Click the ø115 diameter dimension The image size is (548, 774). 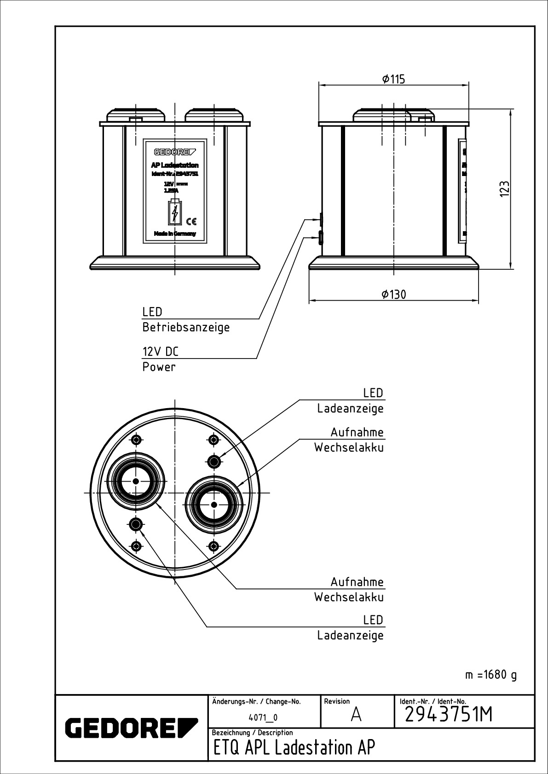pyautogui.click(x=393, y=79)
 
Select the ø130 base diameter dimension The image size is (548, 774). pyautogui.click(x=394, y=294)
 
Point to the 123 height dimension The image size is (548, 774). pyautogui.click(x=505, y=189)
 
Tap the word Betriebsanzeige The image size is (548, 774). pyautogui.click(x=186, y=327)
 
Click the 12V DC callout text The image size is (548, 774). pyautogui.click(x=160, y=352)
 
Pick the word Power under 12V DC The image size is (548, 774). pyautogui.click(x=159, y=367)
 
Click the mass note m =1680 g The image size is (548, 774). pyautogui.click(x=490, y=675)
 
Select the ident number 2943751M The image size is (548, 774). pyautogui.click(x=448, y=714)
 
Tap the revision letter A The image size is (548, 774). pyautogui.click(x=356, y=715)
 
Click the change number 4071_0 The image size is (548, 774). pyautogui.click(x=263, y=717)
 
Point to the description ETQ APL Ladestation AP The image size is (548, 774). pyautogui.click(x=294, y=748)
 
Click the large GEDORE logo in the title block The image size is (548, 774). pyautogui.click(x=131, y=727)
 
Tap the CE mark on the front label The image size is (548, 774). pyautogui.click(x=192, y=222)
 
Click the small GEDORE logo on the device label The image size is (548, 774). pyautogui.click(x=175, y=152)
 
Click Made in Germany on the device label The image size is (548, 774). pyautogui.click(x=175, y=233)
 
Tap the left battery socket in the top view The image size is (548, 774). pyautogui.click(x=136, y=481)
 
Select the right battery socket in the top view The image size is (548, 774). pyautogui.click(x=213, y=504)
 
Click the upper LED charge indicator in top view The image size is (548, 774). pyautogui.click(x=213, y=461)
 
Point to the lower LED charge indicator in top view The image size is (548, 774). pyautogui.click(x=136, y=524)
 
